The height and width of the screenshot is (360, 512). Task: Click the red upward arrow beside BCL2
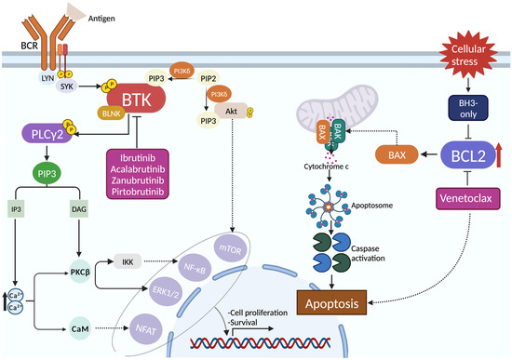point(500,150)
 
